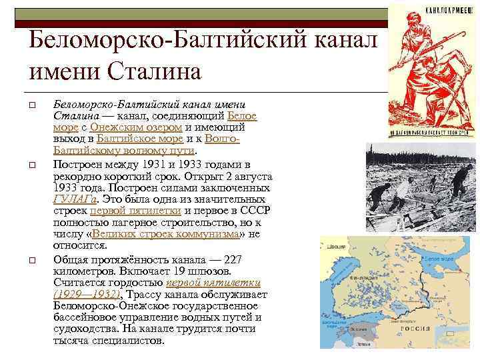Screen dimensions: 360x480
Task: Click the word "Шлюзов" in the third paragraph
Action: pos(211,271)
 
